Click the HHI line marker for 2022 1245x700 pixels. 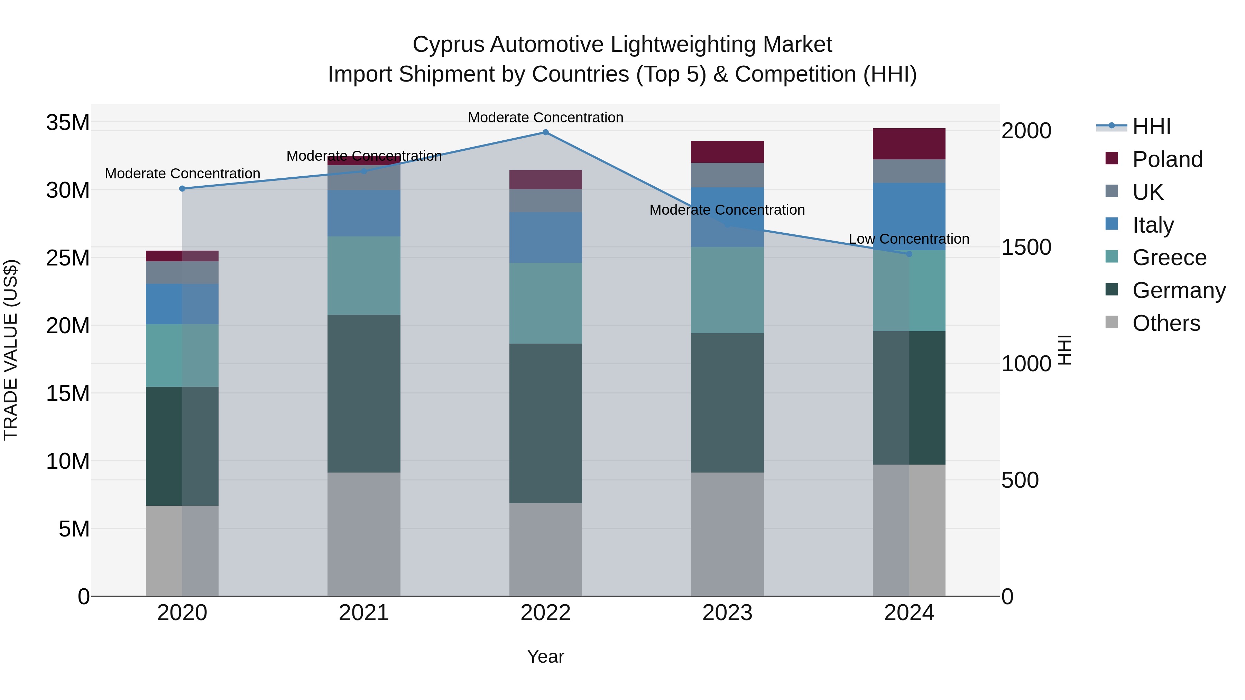[x=546, y=132]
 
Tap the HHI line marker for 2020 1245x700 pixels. [x=182, y=189]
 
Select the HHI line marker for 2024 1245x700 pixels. [x=909, y=254]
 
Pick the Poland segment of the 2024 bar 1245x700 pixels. [x=909, y=144]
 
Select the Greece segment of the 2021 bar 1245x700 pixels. [x=364, y=276]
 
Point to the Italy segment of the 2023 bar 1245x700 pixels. [x=727, y=217]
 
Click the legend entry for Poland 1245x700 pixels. [x=1167, y=159]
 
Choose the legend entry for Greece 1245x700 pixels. [x=1169, y=258]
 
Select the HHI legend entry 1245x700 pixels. [x=1151, y=127]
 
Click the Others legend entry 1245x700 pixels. [x=1166, y=323]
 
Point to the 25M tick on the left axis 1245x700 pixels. [x=68, y=258]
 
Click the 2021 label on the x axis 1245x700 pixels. [x=364, y=613]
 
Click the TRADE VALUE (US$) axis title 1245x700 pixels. [x=11, y=350]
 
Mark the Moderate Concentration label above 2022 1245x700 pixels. [x=546, y=118]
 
